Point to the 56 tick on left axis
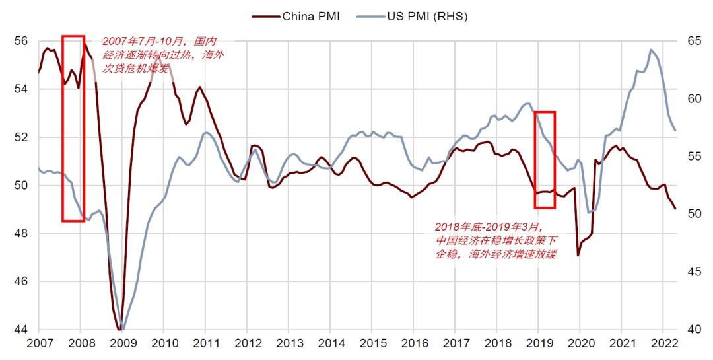[x=20, y=41]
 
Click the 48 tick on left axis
[x=20, y=233]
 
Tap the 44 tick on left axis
[x=20, y=330]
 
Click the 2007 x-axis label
[x=39, y=343]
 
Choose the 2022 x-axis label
[x=663, y=343]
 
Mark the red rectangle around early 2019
[x=545, y=160]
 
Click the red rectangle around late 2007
[x=73, y=128]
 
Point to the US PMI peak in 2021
[x=651, y=50]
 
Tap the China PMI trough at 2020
[x=578, y=256]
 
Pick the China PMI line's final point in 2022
[x=675, y=209]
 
